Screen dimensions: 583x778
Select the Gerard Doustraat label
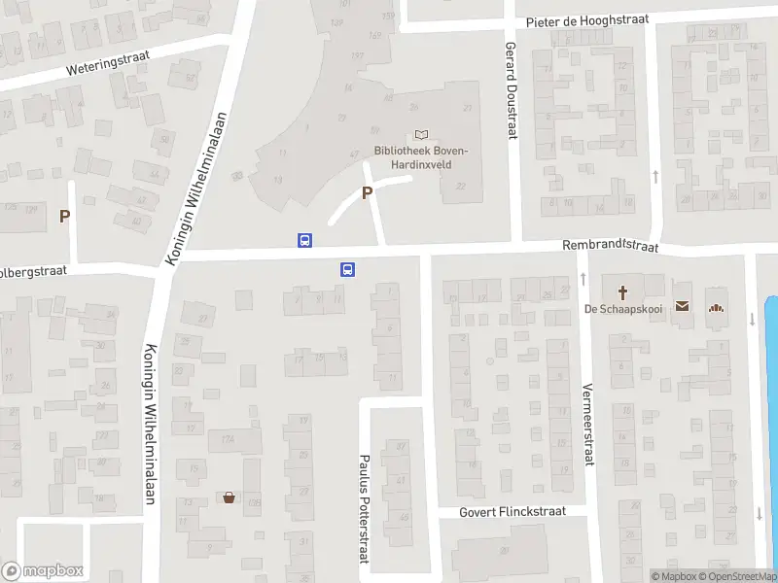tap(510, 89)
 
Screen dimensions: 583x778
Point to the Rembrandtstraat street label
tap(610, 247)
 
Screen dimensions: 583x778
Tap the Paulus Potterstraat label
tap(366, 507)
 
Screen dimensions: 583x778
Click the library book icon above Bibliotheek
tap(421, 134)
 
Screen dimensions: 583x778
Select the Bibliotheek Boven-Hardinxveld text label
tap(421, 157)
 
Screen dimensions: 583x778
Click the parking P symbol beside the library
tap(367, 193)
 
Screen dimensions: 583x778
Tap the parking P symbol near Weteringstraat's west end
tap(65, 217)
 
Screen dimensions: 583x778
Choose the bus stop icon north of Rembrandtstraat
tap(304, 240)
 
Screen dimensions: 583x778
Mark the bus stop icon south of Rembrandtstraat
tap(346, 270)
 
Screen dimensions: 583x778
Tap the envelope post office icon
tap(682, 307)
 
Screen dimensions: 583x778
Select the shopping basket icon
tap(229, 497)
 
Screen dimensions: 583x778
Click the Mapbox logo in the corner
tap(43, 571)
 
